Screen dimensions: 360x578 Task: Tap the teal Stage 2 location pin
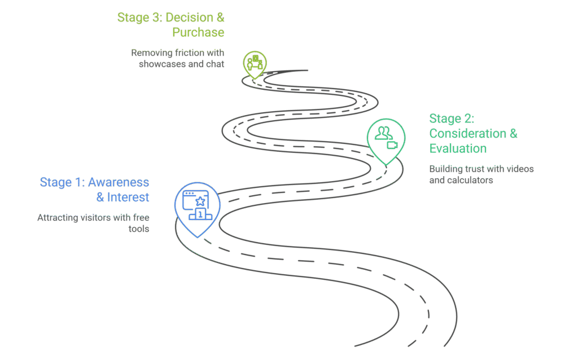(x=386, y=139)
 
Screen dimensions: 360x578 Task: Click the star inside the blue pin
(x=199, y=200)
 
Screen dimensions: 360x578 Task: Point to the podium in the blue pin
(x=200, y=214)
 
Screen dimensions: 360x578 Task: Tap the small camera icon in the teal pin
(x=392, y=145)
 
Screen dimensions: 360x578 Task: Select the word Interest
(x=128, y=197)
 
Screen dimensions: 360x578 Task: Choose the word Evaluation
(x=458, y=148)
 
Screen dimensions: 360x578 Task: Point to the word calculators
(x=471, y=181)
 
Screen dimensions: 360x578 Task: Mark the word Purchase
(x=198, y=32)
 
